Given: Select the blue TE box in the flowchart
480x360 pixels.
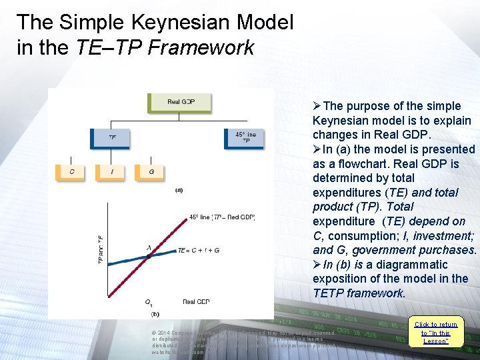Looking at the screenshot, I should click(x=111, y=138).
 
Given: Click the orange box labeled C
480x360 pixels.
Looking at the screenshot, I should click(x=72, y=172).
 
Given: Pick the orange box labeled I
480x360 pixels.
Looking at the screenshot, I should click(x=111, y=172).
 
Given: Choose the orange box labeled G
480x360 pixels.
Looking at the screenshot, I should click(x=151, y=172).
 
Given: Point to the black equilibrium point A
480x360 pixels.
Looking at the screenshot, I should click(x=149, y=256).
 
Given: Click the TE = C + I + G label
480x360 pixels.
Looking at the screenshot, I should click(x=198, y=251).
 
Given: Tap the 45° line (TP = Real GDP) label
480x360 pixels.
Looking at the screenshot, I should click(x=221, y=217).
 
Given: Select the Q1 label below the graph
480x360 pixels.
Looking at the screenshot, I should click(x=149, y=303).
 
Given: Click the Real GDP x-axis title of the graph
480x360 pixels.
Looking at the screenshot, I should click(x=196, y=302).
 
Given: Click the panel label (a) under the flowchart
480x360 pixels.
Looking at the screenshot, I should click(x=179, y=190).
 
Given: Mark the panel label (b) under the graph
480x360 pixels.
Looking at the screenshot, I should click(x=155, y=313).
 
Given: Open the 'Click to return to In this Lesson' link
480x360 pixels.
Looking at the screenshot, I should click(x=435, y=333).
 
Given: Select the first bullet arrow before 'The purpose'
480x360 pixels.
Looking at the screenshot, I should click(x=317, y=107).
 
